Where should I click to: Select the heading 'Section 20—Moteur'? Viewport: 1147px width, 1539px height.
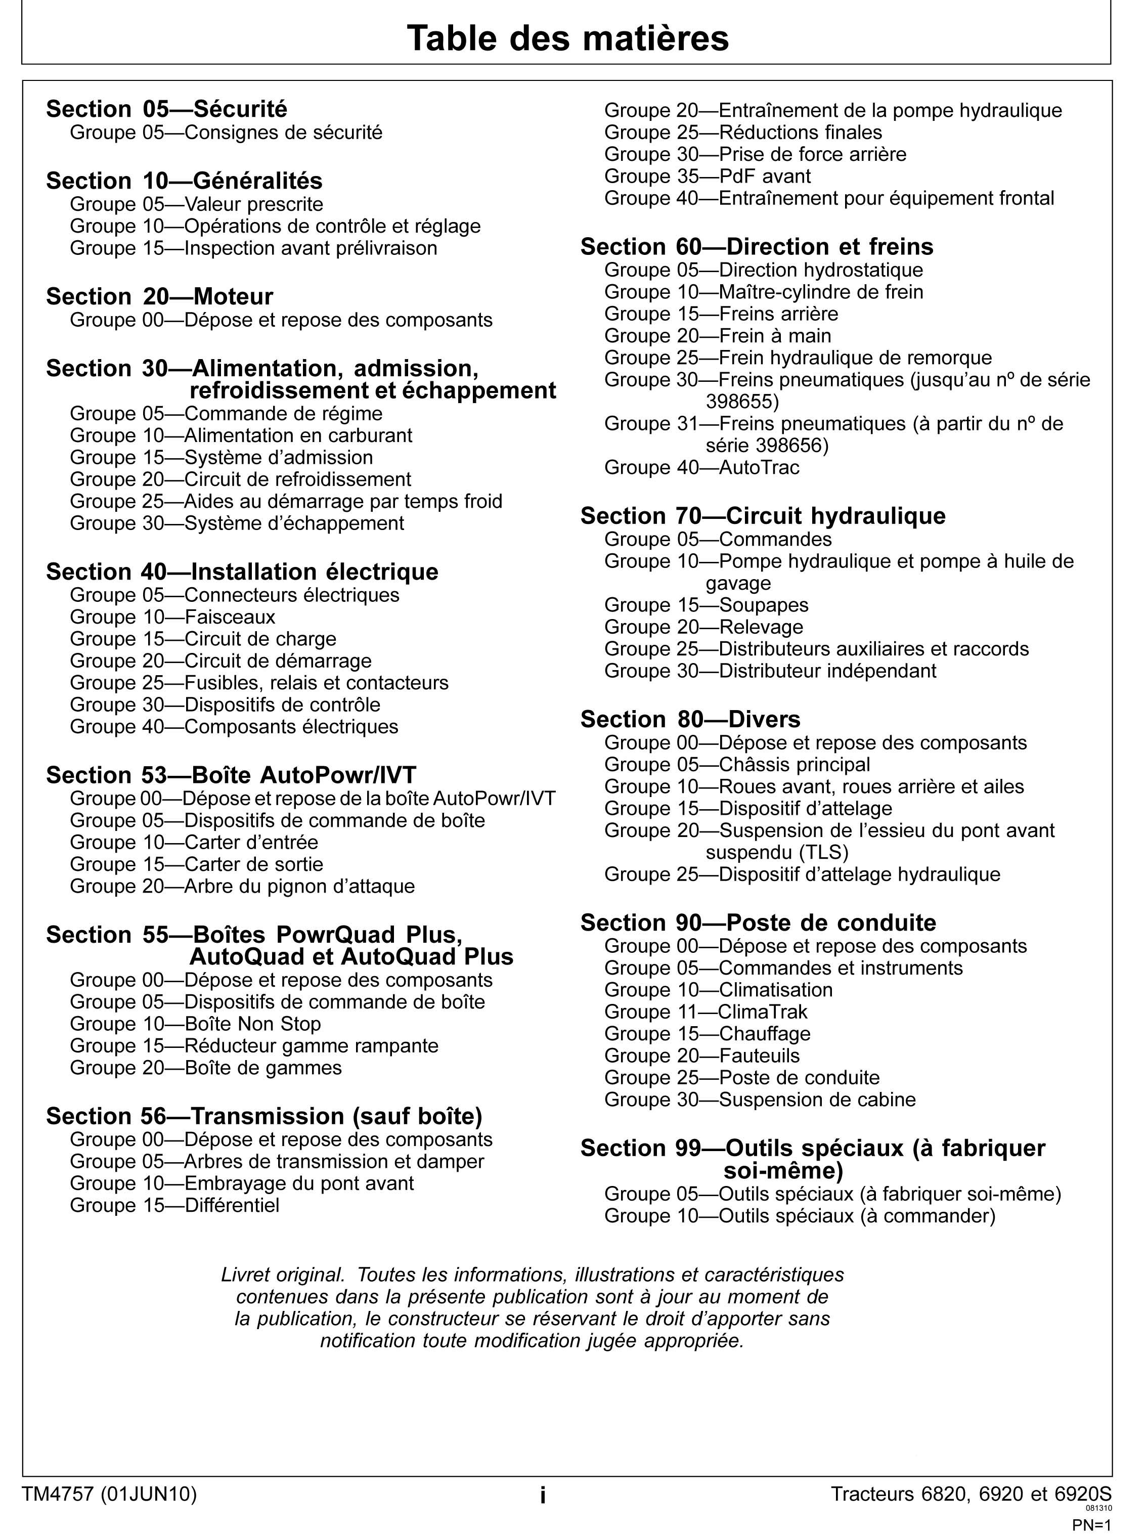tap(160, 296)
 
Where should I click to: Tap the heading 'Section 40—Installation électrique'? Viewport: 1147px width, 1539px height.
tap(242, 571)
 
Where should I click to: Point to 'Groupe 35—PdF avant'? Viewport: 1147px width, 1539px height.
tap(707, 177)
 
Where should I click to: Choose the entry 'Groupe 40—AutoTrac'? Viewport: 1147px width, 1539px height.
tap(701, 467)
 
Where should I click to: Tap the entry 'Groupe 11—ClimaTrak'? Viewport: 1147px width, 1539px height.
tap(705, 1012)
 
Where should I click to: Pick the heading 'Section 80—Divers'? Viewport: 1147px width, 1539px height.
tap(690, 719)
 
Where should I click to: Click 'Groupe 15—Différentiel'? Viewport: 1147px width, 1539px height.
tap(174, 1205)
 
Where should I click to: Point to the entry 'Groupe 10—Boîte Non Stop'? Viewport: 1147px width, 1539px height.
tap(195, 1024)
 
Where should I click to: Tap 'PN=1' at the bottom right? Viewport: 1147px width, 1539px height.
tap(1091, 1525)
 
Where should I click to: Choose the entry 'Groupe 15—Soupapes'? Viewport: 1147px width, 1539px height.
tap(706, 605)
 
